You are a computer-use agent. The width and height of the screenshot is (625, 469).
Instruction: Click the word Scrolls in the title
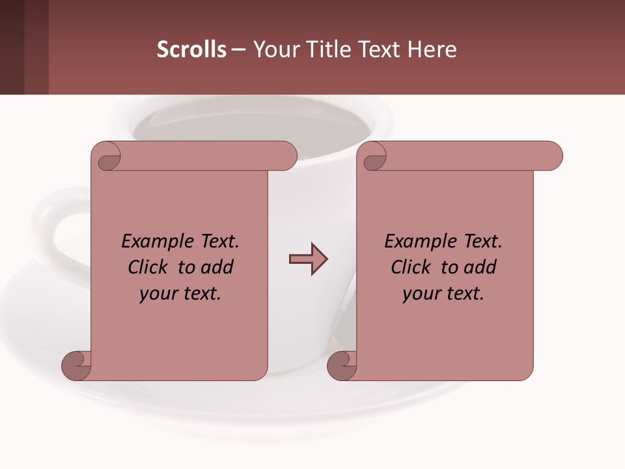point(191,50)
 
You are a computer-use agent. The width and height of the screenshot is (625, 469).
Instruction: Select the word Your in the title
point(274,50)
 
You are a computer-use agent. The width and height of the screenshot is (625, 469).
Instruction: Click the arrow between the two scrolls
point(308,259)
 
